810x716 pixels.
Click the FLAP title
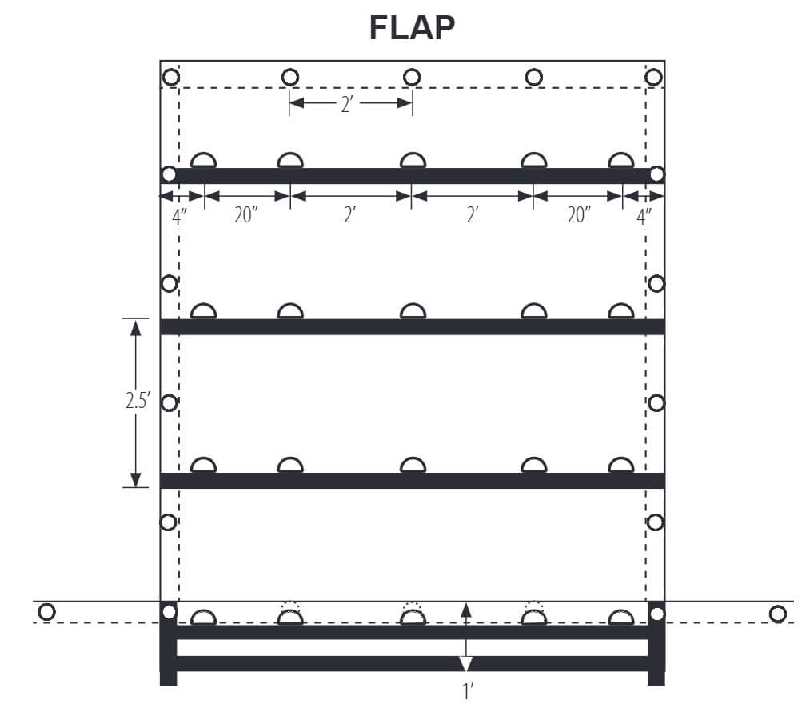point(412,28)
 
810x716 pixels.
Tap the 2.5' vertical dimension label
point(137,402)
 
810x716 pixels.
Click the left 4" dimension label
point(178,216)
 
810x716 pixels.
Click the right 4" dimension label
point(644,216)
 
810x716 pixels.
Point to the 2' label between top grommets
point(349,104)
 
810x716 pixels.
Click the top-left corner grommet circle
point(170,78)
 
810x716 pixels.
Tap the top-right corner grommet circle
point(653,77)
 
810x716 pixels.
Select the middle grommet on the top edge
point(412,77)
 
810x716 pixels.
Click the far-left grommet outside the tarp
point(46,612)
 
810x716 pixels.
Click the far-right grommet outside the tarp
point(777,614)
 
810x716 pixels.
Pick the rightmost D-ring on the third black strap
point(620,466)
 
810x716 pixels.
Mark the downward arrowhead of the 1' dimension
point(466,664)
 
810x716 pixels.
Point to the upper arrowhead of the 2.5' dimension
point(135,327)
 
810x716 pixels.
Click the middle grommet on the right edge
point(656,402)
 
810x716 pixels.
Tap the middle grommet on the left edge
point(169,402)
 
